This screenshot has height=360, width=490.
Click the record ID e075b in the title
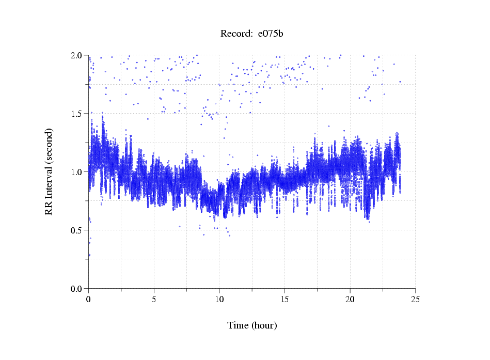[271, 34]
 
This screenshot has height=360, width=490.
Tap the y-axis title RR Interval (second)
[49, 171]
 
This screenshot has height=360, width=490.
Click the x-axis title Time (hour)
[252, 325]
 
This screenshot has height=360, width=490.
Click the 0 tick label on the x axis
[89, 299]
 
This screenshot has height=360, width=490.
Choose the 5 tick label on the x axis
[154, 299]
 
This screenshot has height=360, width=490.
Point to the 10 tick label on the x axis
[219, 299]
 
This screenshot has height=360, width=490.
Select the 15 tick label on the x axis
[285, 299]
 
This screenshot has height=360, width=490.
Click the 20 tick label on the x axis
[350, 299]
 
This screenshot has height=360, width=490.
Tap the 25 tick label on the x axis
[416, 299]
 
